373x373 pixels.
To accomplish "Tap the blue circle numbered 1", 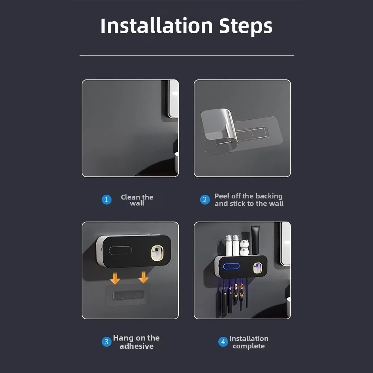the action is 107,200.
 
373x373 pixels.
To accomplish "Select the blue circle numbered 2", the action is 205,200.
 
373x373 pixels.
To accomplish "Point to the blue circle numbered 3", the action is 107,342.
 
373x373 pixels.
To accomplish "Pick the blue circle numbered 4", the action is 223,342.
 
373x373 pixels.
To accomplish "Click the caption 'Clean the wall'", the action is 137,200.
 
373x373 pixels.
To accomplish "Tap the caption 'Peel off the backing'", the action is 248,196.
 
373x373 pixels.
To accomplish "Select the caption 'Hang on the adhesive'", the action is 136,342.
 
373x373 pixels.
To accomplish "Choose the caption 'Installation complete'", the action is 249,342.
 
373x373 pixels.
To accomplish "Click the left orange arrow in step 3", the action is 115,279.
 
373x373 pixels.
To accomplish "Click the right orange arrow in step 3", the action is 144,277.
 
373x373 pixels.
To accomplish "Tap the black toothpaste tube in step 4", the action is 256,240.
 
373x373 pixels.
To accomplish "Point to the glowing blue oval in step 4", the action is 231,266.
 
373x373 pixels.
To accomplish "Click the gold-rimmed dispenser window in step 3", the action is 157,253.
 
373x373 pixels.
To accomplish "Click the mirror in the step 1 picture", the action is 173,99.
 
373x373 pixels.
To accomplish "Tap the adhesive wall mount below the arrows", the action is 128,295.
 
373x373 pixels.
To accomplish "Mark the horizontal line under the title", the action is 187,55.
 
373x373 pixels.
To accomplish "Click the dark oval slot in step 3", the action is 120,250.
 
